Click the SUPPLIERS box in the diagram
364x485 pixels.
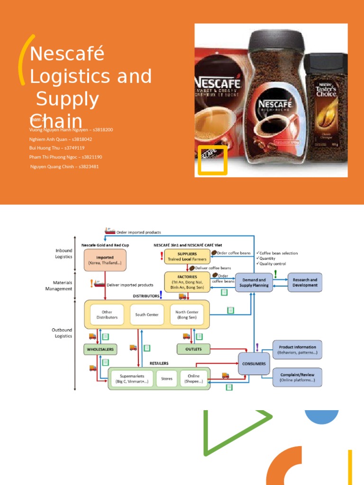tap(187, 256)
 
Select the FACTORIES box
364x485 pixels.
tap(187, 282)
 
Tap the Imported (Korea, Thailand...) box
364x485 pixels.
tap(105, 260)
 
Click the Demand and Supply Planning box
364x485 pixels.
tap(254, 282)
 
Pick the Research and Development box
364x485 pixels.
tap(305, 282)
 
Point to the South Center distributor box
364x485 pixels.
tap(147, 314)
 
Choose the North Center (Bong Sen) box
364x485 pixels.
tap(187, 314)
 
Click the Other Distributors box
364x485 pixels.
tap(107, 314)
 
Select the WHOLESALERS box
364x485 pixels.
tap(100, 350)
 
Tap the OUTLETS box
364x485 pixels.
tap(193, 350)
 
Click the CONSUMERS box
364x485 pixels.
tap(254, 364)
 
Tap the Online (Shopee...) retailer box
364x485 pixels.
tap(193, 378)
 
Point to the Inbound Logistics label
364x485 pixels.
tap(63, 253)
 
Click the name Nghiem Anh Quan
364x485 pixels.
tap(60, 139)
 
